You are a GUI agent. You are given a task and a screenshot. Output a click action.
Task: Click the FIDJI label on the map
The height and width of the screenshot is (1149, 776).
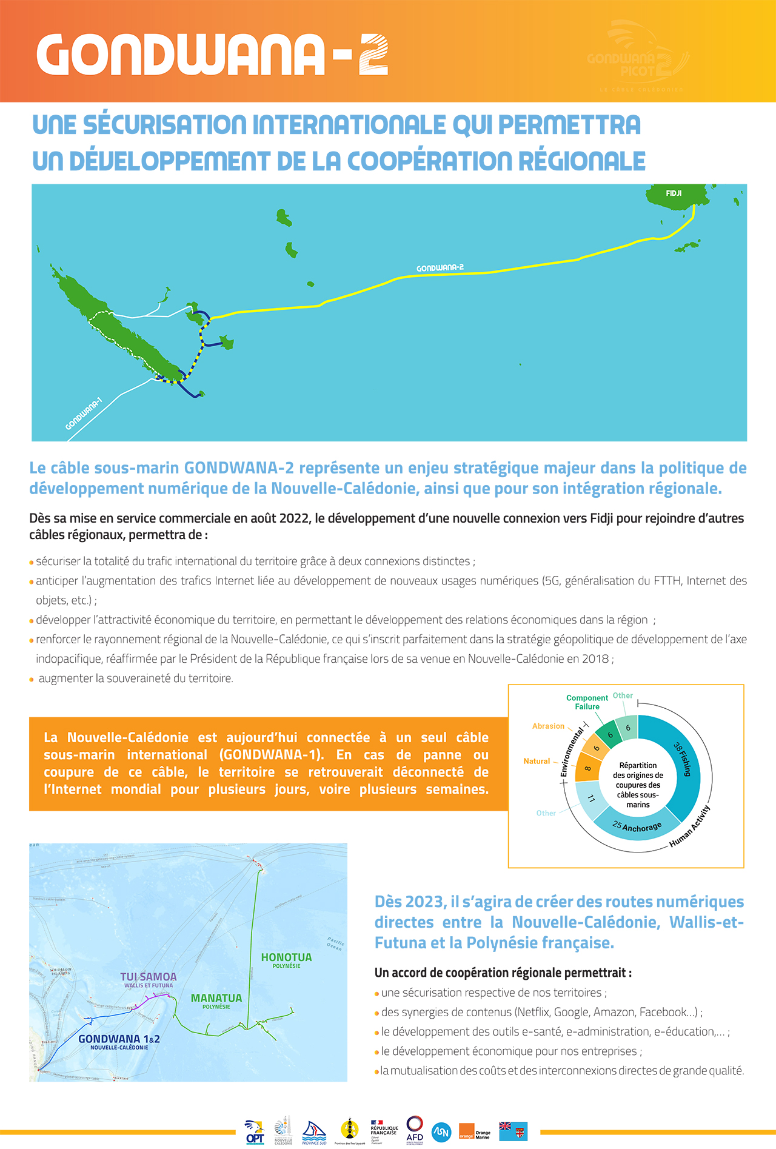674,193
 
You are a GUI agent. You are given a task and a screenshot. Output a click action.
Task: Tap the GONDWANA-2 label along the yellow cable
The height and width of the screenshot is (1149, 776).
440,268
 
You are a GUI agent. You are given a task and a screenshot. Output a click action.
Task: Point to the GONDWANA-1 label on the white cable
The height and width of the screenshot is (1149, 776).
84,414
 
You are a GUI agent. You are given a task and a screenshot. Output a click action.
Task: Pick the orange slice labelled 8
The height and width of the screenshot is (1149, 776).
587,768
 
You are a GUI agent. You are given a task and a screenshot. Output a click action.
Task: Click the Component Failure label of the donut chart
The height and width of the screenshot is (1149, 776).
587,702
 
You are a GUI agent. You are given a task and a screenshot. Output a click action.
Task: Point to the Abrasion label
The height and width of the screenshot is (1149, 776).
548,726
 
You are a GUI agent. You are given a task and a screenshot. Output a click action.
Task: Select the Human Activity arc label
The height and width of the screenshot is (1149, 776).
690,826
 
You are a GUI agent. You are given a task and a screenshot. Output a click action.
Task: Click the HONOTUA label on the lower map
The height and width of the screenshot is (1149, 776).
286,957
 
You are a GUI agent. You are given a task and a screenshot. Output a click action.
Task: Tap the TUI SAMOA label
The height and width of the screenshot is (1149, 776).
149,977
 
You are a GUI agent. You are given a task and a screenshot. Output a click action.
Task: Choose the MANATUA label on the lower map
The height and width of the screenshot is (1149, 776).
216,998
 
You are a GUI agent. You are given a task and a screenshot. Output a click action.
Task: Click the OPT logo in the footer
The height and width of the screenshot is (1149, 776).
255,1131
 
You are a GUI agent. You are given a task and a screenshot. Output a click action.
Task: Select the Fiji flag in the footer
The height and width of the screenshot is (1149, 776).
513,1131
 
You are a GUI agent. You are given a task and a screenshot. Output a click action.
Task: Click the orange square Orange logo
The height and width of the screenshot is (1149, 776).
466,1131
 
